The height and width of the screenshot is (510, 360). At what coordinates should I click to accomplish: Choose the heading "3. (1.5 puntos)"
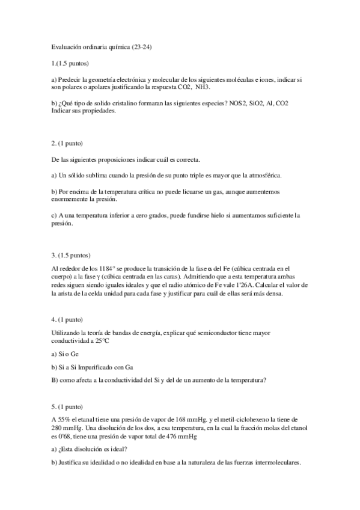click(71, 254)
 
